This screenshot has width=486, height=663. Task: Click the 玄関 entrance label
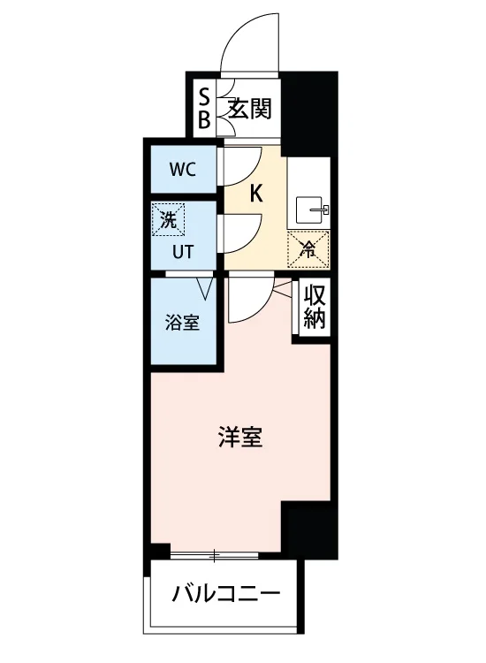pyautogui.click(x=249, y=109)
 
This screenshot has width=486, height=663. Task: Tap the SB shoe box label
pyautogui.click(x=204, y=109)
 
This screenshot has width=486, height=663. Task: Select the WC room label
pyautogui.click(x=183, y=170)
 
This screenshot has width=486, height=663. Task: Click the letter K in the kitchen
pyautogui.click(x=255, y=194)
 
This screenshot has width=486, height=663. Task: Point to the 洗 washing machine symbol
pyautogui.click(x=168, y=219)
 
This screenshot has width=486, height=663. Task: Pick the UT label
pyautogui.click(x=183, y=252)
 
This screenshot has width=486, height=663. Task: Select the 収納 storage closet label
pyautogui.click(x=315, y=308)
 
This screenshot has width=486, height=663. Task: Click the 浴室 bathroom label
pyautogui.click(x=182, y=324)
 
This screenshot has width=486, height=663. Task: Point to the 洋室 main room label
pyautogui.click(x=241, y=438)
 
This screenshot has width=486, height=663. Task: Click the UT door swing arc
pyautogui.click(x=252, y=241)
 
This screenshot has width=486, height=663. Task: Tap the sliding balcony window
pyautogui.click(x=214, y=555)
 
